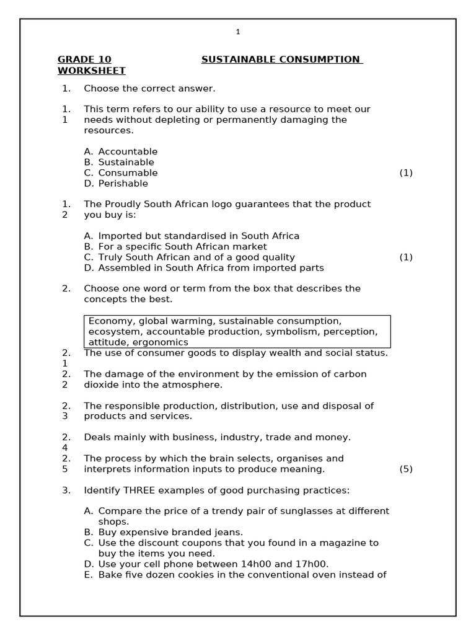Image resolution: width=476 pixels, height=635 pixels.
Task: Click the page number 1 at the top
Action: click(237, 32)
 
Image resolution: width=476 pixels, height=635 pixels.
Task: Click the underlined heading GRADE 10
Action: click(84, 60)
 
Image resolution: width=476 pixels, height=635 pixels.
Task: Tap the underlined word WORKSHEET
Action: click(91, 71)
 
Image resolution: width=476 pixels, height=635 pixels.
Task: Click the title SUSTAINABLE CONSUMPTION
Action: click(281, 60)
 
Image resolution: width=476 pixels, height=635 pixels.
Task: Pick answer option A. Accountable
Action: click(121, 152)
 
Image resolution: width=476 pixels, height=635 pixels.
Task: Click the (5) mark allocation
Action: click(406, 469)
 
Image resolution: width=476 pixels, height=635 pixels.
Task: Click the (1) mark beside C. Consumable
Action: click(406, 173)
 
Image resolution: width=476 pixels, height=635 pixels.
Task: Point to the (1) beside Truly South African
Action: click(406, 257)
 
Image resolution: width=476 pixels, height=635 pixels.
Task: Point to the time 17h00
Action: click(312, 564)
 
